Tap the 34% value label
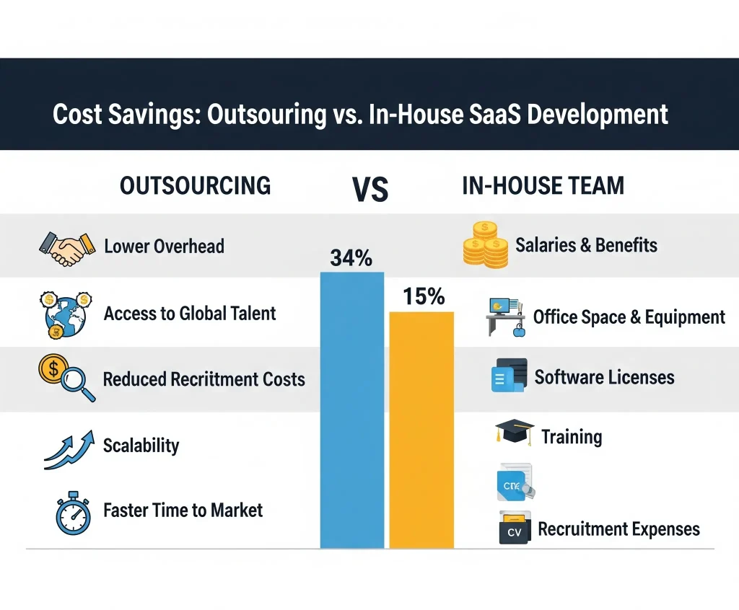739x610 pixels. (351, 257)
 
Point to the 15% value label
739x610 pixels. (424, 296)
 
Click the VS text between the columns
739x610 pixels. (370, 189)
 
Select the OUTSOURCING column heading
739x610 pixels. (195, 185)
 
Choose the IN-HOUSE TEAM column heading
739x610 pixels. (543, 185)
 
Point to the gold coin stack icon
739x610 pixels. (485, 245)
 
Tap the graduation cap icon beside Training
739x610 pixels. (514, 433)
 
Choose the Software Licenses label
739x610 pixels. (604, 377)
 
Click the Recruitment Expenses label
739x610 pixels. (618, 529)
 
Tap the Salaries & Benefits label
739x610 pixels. (586, 245)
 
